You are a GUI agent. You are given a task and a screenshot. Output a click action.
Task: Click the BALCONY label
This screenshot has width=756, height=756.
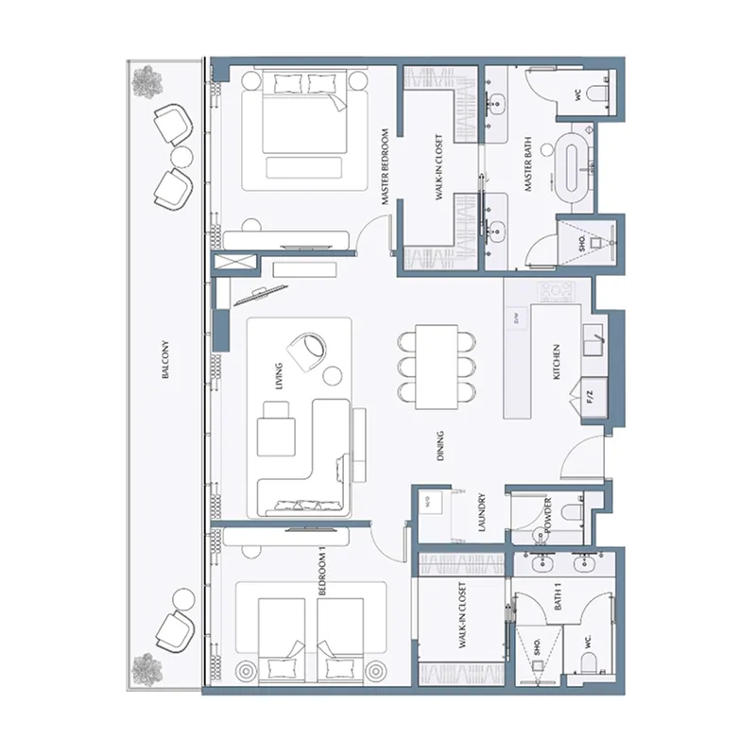point(166,362)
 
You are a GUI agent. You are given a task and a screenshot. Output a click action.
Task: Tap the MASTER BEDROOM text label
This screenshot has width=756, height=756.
point(386,167)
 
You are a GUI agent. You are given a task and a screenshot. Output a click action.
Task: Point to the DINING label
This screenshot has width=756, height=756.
point(440,446)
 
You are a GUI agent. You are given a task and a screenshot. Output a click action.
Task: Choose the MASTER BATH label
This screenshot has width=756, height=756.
point(530,167)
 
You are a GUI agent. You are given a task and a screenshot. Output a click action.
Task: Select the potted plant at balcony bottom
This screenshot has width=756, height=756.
point(146,666)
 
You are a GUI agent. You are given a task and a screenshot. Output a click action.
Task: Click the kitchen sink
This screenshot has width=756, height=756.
point(593,336)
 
